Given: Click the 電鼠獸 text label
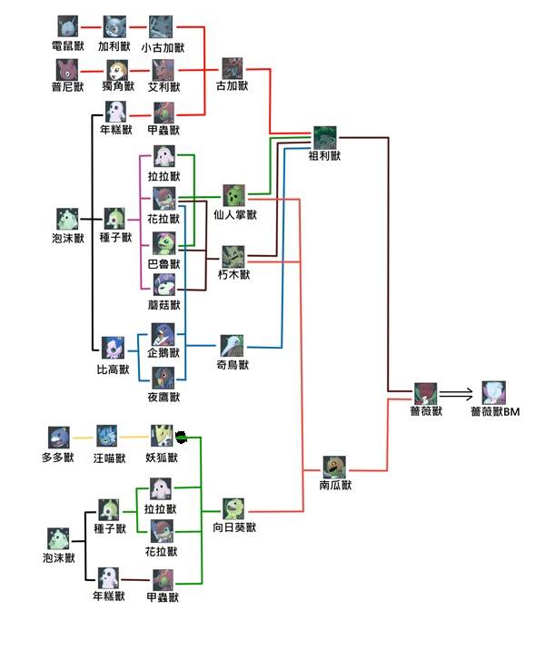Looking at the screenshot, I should pos(69,45).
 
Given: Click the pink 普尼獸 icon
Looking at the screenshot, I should pos(68,69).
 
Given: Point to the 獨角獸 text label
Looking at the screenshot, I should pos(115,88).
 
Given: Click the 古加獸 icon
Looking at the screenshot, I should pos(233,68).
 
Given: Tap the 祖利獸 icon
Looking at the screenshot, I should pos(325,137).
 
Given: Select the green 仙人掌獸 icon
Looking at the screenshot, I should pos(234,196).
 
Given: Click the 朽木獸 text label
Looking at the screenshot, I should pos(234,274).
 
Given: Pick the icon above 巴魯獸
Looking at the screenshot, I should pos(163,243).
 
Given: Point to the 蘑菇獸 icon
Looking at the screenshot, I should pos(163,285).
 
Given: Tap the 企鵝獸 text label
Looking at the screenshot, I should pos(163,352).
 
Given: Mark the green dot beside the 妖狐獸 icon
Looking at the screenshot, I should pos(182,437).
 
